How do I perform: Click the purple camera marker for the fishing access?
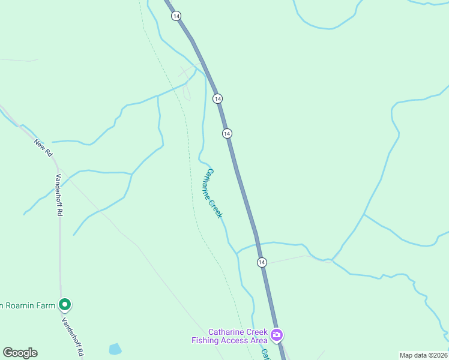(x=277, y=335)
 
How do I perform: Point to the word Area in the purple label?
(x=259, y=341)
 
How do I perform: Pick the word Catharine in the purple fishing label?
(x=224, y=332)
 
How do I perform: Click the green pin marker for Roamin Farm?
(x=65, y=305)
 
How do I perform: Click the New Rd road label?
(x=43, y=148)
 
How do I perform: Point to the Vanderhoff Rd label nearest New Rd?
(x=60, y=195)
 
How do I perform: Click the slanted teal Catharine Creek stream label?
(x=214, y=193)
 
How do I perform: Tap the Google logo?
(x=20, y=353)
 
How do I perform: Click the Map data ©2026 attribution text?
(x=424, y=355)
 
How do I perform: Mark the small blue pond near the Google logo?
(x=115, y=349)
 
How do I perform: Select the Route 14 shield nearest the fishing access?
(x=262, y=262)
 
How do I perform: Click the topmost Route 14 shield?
(x=175, y=16)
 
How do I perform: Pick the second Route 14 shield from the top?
(x=217, y=98)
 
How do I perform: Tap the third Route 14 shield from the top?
(x=226, y=133)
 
